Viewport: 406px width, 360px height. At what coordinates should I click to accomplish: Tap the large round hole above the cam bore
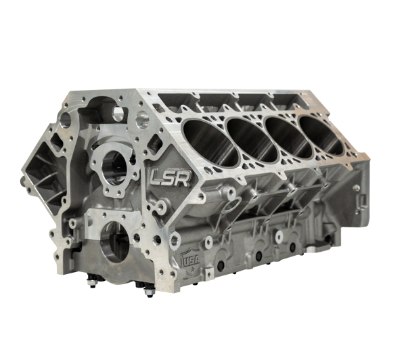pyautogui.click(x=141, y=121)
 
